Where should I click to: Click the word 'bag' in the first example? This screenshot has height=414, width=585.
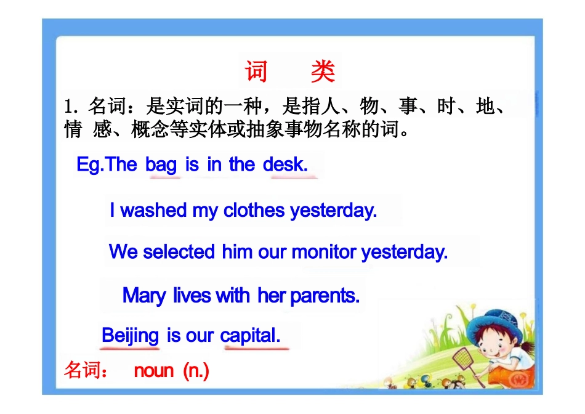point(161,165)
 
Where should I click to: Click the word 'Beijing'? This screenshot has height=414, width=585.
point(130,336)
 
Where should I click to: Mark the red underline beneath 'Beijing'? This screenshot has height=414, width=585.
point(130,349)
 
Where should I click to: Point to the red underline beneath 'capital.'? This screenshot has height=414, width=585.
point(256,349)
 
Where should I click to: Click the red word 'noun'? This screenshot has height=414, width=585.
point(154,371)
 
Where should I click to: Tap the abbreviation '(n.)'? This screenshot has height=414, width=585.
point(196,371)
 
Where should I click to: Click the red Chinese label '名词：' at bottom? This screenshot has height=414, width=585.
point(86,371)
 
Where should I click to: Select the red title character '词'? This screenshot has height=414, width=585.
point(256,72)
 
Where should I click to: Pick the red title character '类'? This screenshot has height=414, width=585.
point(323,72)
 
